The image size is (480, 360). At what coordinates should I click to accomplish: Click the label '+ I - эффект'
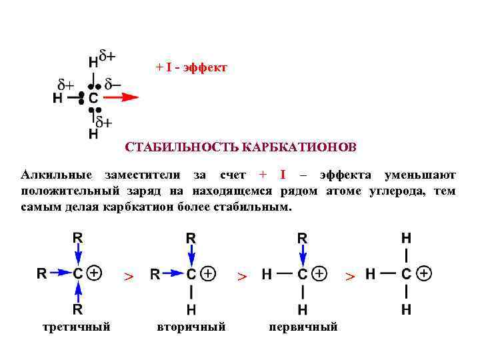coord(191,68)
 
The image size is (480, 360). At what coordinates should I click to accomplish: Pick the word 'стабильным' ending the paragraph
coord(257,207)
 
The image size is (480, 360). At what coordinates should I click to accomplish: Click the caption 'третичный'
coord(76,327)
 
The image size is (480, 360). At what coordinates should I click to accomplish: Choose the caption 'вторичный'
coord(191,327)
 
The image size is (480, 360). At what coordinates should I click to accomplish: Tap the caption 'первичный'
coord(303,327)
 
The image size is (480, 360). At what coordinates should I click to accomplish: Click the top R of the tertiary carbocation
coord(78,238)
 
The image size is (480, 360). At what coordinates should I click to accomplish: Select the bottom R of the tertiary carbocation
coord(78,309)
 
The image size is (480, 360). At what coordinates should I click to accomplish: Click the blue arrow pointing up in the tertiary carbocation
coord(78,291)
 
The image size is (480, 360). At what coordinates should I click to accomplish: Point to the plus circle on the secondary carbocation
coord(209,273)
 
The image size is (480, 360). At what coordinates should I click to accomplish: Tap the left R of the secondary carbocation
coord(155,274)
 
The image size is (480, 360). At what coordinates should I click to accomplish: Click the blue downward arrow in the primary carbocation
coord(303,255)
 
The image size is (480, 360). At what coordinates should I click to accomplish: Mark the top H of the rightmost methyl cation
coord(406,238)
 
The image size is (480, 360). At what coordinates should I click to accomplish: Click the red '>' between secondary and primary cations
coord(243,276)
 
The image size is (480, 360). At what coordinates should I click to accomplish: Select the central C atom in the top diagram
coord(93,98)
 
